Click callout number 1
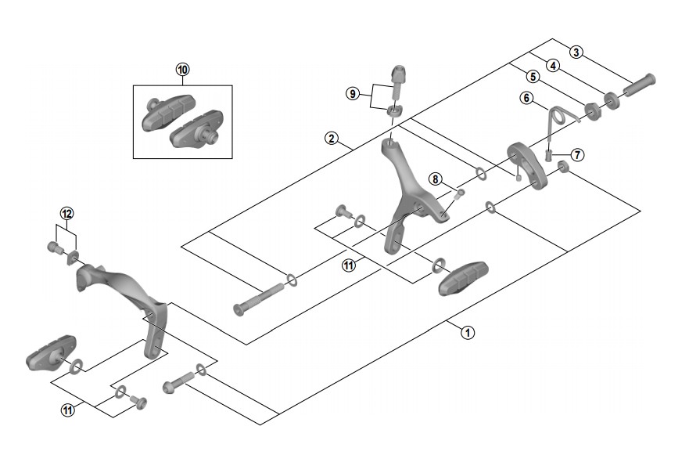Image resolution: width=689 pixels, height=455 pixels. pyautogui.click(x=467, y=331)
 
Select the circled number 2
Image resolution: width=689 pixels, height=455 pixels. pyautogui.click(x=332, y=139)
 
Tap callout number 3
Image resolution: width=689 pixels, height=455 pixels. pyautogui.click(x=576, y=52)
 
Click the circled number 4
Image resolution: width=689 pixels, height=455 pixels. pyautogui.click(x=553, y=66)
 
